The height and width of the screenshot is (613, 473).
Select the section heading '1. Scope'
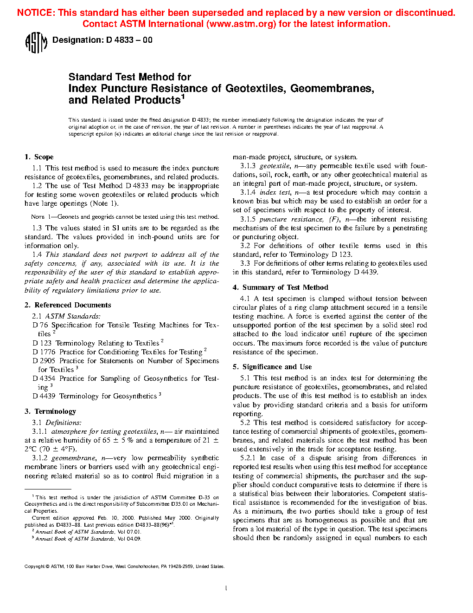(x=39, y=157)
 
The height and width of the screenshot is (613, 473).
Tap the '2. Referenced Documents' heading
(x=68, y=305)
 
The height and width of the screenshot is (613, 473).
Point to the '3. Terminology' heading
(x=50, y=411)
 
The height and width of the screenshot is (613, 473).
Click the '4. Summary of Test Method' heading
(x=281, y=287)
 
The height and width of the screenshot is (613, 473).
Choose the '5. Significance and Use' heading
(x=272, y=367)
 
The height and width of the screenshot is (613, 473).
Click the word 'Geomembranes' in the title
(x=332, y=88)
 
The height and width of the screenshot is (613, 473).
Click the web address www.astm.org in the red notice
(x=240, y=24)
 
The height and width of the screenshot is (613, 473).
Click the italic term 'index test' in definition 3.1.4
(x=275, y=192)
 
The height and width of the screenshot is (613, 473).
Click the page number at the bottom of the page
(x=226, y=588)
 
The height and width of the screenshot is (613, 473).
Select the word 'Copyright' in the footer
(x=34, y=567)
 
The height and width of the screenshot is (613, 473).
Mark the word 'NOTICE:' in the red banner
(x=36, y=13)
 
